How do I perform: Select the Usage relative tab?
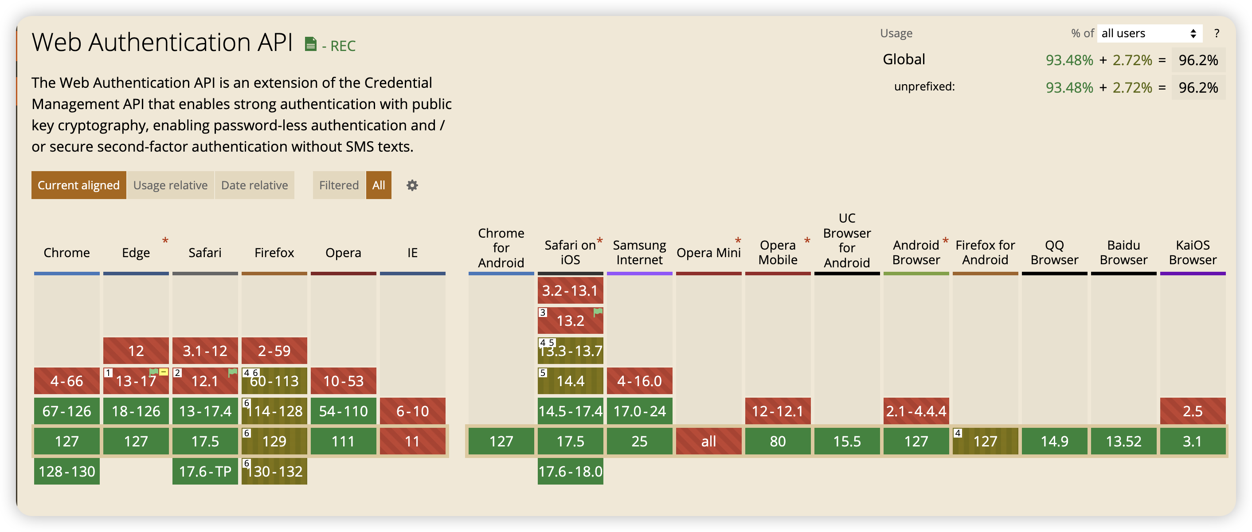tap(170, 185)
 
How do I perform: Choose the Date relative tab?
tap(254, 185)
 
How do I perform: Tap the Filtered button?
tap(339, 185)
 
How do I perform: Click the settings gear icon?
tap(412, 185)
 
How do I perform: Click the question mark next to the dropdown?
tap(1217, 34)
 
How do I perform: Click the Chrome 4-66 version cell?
tap(67, 381)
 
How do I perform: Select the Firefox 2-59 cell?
tap(274, 351)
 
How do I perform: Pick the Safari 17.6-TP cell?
tap(205, 471)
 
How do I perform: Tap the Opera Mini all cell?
tap(708, 441)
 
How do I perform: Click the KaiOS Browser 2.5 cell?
tap(1192, 411)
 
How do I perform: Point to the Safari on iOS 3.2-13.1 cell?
tap(570, 290)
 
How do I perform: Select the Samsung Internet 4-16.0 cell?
tap(639, 381)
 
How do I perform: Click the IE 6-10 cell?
tap(412, 411)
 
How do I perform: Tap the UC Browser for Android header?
tap(847, 240)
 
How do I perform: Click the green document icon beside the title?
tap(311, 44)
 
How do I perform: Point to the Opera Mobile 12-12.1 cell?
tap(778, 411)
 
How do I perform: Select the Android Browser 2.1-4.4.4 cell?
tap(916, 411)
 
